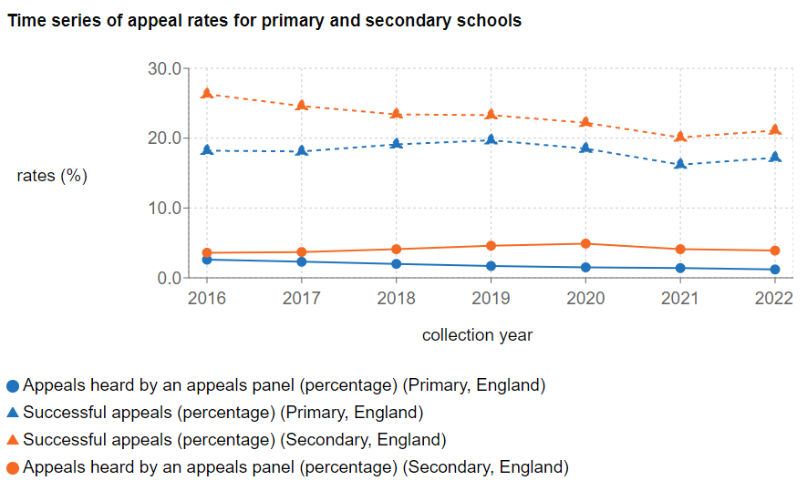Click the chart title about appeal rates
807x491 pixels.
click(x=264, y=21)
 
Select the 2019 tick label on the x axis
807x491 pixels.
click(x=491, y=298)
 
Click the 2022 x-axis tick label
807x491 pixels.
click(x=774, y=298)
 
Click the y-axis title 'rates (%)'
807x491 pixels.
click(x=52, y=176)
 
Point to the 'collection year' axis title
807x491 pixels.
click(x=477, y=335)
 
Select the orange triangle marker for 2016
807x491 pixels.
click(x=207, y=94)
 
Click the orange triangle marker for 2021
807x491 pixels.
click(x=679, y=137)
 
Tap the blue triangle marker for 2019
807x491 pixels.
click(x=491, y=139)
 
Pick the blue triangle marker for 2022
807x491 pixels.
click(x=774, y=157)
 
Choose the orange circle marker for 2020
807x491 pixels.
click(x=585, y=244)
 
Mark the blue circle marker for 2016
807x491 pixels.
click(x=207, y=260)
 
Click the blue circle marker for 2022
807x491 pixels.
click(x=774, y=270)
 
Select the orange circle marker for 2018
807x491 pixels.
click(x=396, y=250)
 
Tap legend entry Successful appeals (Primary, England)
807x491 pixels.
click(x=223, y=413)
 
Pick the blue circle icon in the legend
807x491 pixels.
click(x=13, y=385)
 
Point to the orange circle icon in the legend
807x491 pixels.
click(x=13, y=467)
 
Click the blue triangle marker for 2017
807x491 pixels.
click(x=302, y=150)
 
